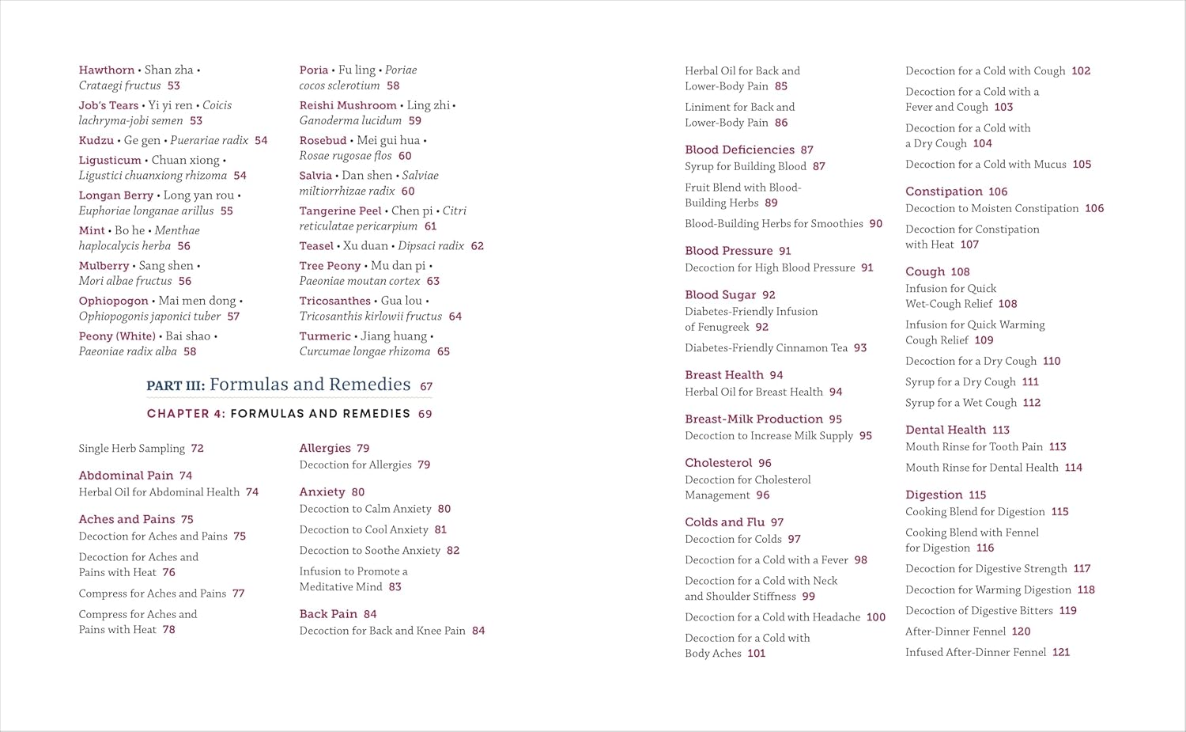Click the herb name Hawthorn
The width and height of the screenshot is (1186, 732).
pos(107,70)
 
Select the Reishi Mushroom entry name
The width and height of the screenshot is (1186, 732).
pos(348,105)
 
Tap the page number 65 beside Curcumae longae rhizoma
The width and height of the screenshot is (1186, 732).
pos(444,351)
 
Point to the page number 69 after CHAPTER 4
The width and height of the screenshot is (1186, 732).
pos(425,414)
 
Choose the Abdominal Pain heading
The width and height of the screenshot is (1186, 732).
pos(126,476)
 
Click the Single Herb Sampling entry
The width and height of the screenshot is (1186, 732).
pos(131,449)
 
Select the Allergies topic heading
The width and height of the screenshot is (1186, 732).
pos(325,448)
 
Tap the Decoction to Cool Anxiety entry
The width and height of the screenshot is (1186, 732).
pos(364,529)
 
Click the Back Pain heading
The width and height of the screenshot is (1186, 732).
pos(328,614)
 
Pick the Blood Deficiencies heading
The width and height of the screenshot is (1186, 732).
pos(739,150)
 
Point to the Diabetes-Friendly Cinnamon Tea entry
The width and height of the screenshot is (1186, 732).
pos(765,347)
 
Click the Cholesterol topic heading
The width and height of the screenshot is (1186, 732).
pos(718,463)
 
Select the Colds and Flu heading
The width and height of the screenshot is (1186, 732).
pos(724,522)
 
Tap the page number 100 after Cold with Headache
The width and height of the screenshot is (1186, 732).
pos(876,617)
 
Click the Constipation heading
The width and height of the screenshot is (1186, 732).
pos(944,192)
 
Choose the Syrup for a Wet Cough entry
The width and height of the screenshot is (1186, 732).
pos(961,403)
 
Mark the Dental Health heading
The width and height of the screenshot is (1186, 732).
pos(946,430)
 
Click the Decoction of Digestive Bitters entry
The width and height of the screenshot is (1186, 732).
pos(979,611)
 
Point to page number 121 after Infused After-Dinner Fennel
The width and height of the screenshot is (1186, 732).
pos(1061,652)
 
